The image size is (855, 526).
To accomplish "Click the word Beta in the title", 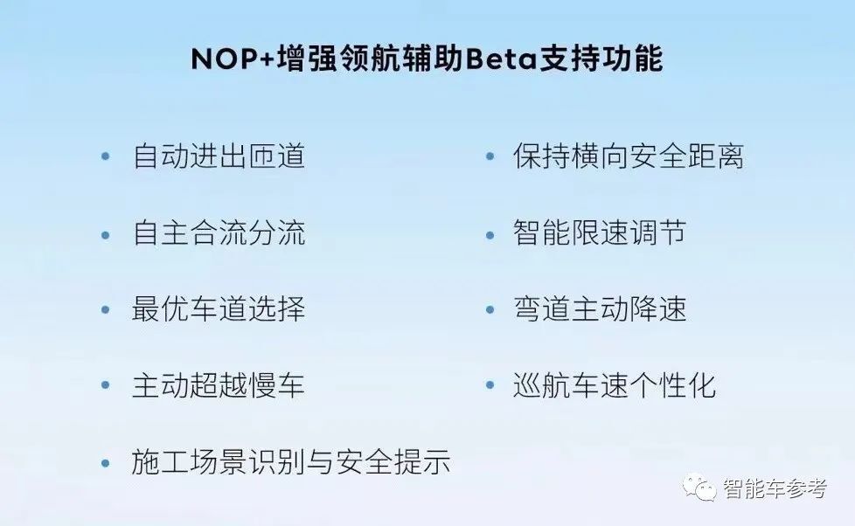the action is click(x=501, y=59).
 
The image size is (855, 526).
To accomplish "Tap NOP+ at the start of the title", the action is click(x=232, y=59).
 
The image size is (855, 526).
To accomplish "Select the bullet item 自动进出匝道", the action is click(x=219, y=156).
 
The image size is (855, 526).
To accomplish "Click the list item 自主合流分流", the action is click(x=219, y=233).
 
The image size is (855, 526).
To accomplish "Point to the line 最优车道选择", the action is click(x=219, y=309).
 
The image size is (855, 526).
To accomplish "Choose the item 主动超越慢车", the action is click(x=219, y=385).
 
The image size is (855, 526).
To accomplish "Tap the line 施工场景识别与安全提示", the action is click(x=290, y=462).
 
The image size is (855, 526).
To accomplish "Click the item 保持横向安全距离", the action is click(x=629, y=156).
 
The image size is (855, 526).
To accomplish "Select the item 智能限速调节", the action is click(x=599, y=233).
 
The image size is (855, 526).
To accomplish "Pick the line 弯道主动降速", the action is click(x=599, y=309).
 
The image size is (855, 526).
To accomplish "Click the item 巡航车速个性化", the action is click(x=614, y=385).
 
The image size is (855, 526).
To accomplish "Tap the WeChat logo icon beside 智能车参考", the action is click(x=699, y=487).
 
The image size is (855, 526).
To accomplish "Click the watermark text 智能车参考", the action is click(x=775, y=488).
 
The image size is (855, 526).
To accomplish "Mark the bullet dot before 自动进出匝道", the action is click(x=106, y=156).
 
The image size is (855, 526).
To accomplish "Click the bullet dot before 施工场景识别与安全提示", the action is click(x=106, y=463).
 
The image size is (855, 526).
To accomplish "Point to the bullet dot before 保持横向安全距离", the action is click(x=490, y=156).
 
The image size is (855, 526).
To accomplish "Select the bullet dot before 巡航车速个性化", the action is click(x=490, y=384).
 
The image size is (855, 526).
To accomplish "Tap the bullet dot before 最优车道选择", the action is click(x=106, y=309).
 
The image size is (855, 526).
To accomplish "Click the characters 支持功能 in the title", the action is click(x=601, y=59).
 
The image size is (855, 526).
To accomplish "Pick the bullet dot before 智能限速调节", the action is click(x=490, y=235).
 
